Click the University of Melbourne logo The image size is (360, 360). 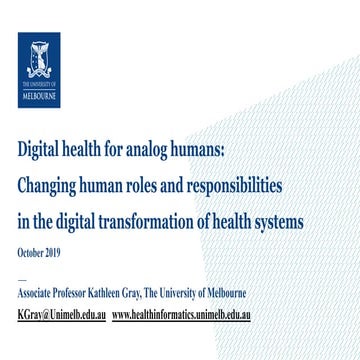39,69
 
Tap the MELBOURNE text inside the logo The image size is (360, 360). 39,98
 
